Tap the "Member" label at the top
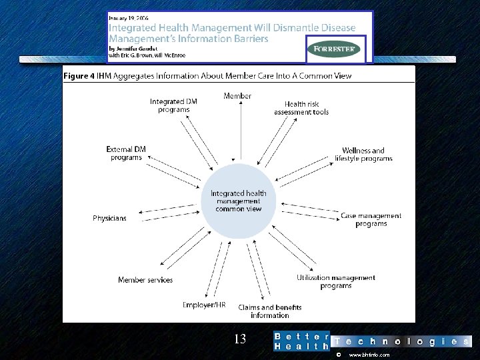tap(237, 96)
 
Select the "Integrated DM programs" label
tap(173, 105)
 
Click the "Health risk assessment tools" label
tap(301, 108)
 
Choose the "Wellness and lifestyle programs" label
tap(363, 155)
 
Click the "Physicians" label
tap(109, 218)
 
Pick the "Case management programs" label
tap(371, 220)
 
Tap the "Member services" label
tap(145, 280)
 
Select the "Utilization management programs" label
tap(336, 281)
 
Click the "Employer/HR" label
tap(204, 305)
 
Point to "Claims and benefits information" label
tap(270, 311)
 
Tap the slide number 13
tap(240, 339)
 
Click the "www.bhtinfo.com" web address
tap(369, 355)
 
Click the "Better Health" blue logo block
tap(301, 341)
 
